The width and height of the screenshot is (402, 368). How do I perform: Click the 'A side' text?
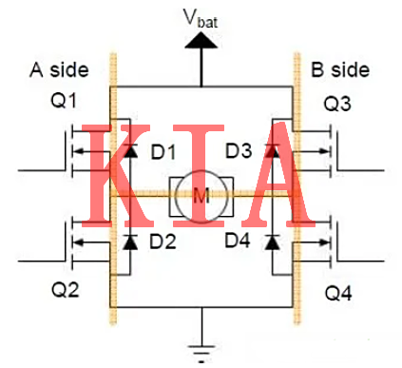coord(60,70)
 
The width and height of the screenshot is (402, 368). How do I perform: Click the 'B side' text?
coord(340,70)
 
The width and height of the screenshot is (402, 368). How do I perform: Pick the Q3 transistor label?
coord(338,102)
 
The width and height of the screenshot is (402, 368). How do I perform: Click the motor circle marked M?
coord(201,197)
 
